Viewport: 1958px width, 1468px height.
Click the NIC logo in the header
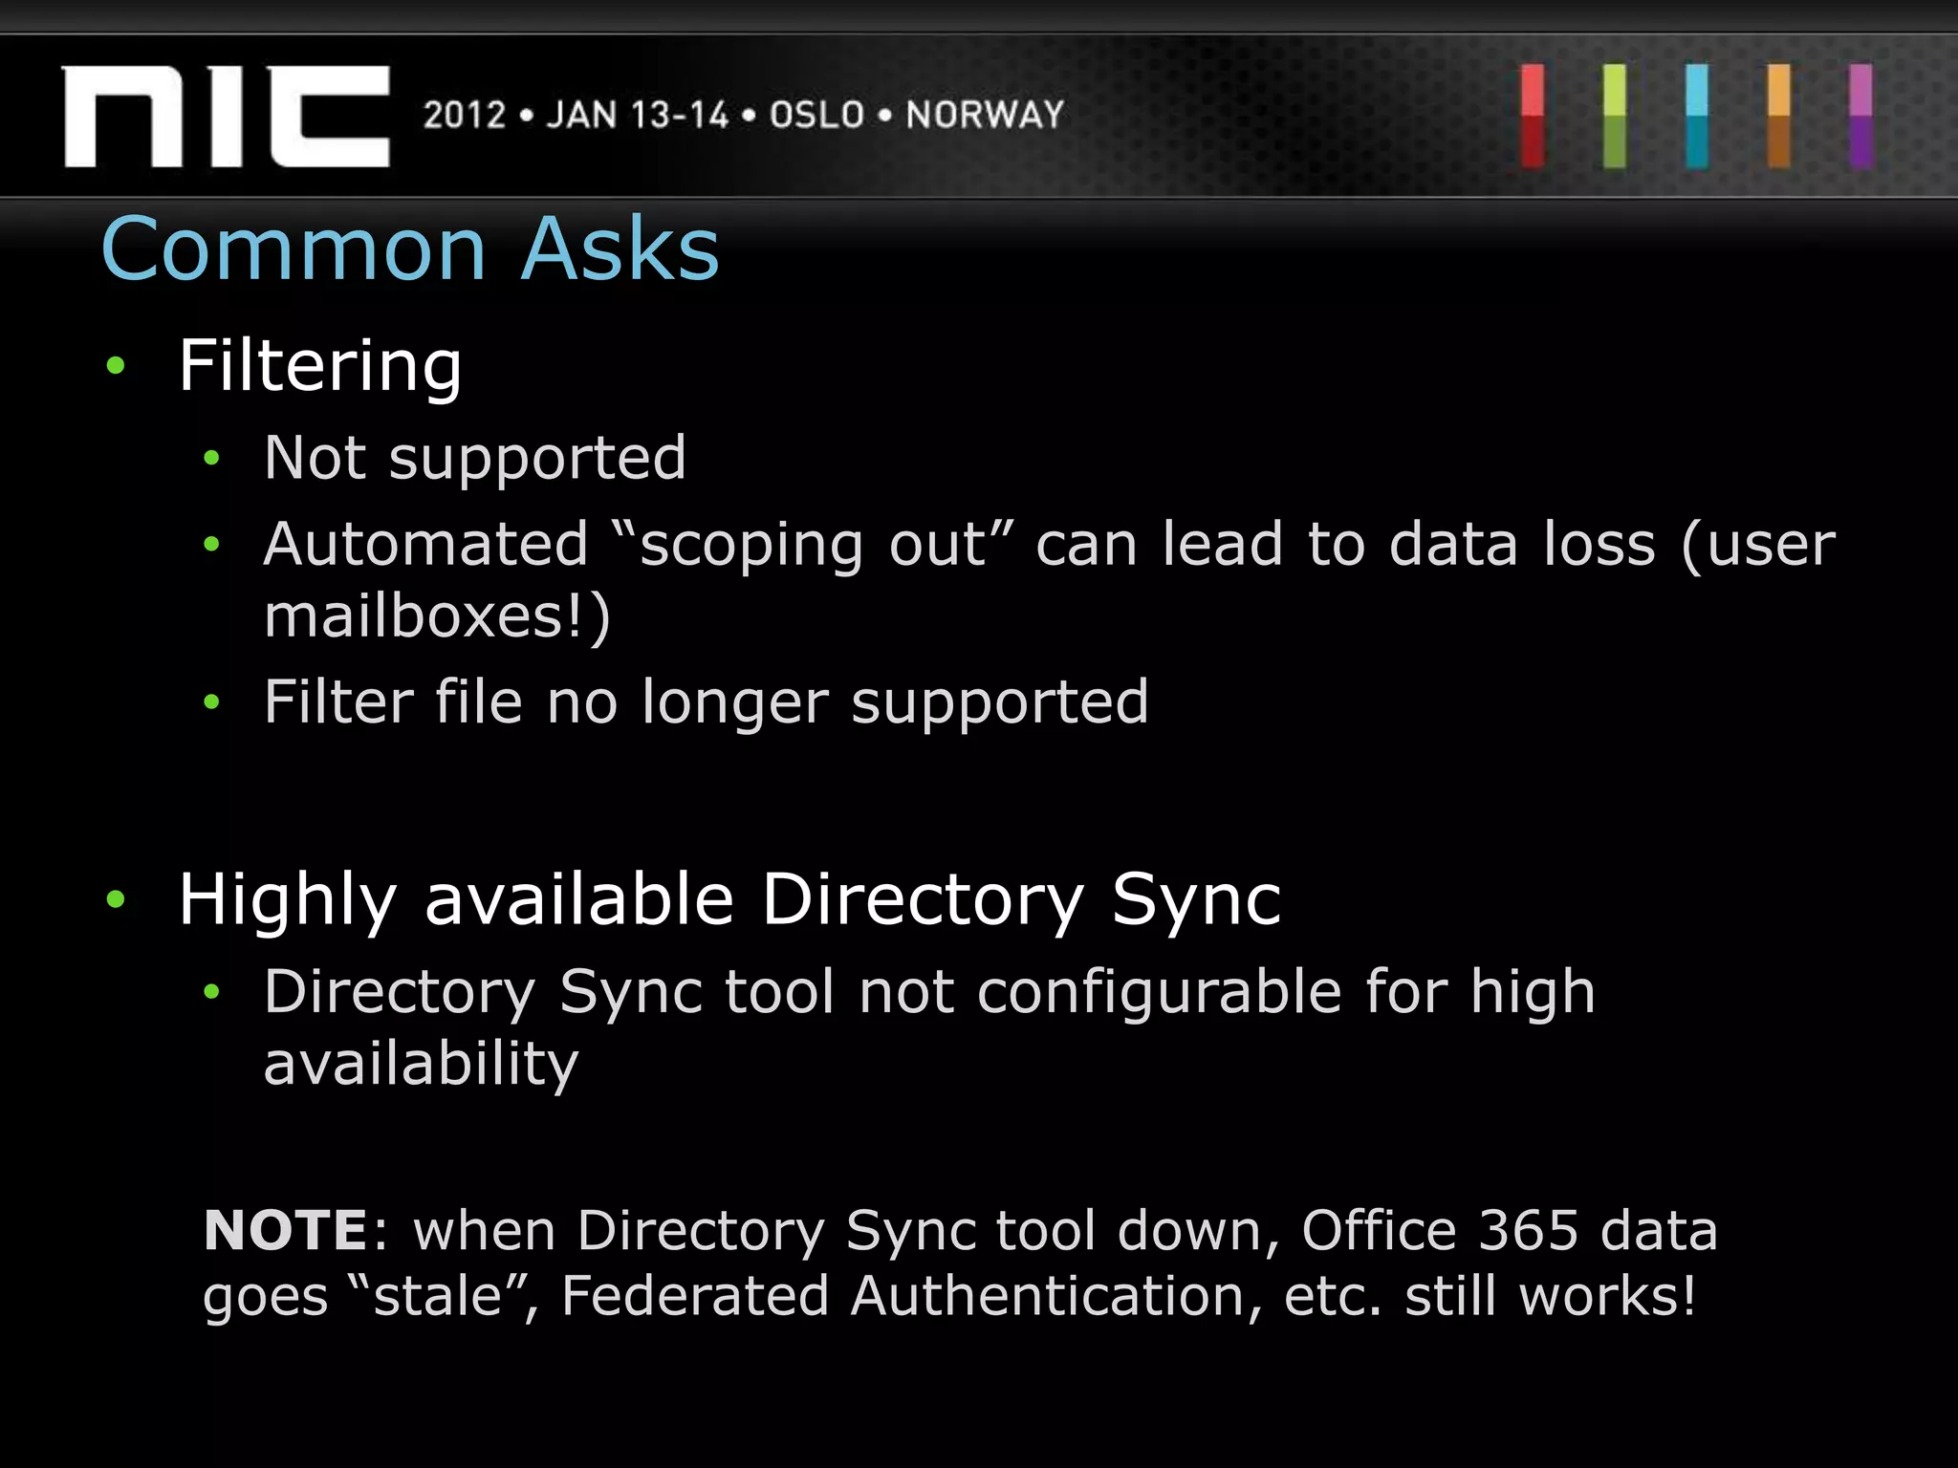[227, 117]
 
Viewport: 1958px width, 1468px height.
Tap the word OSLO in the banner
[816, 116]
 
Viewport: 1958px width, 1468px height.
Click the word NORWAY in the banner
[985, 116]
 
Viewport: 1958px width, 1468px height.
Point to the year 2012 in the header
[465, 116]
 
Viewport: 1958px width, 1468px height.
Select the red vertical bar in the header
[1533, 117]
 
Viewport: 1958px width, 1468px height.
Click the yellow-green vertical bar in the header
[1615, 117]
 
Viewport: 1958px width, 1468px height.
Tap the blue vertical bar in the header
[1697, 117]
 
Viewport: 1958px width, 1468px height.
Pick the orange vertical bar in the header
[1779, 117]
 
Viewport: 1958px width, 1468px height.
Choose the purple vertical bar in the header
[1860, 117]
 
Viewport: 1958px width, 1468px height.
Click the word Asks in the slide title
[620, 249]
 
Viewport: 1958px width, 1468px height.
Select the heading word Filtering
[320, 367]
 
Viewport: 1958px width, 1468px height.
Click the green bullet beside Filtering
[117, 365]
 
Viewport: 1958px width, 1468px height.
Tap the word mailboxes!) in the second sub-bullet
[437, 616]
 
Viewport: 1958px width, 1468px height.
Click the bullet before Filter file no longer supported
[212, 703]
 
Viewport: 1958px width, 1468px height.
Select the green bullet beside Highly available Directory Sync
[117, 899]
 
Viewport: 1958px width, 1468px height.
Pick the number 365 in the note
[1528, 1230]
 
